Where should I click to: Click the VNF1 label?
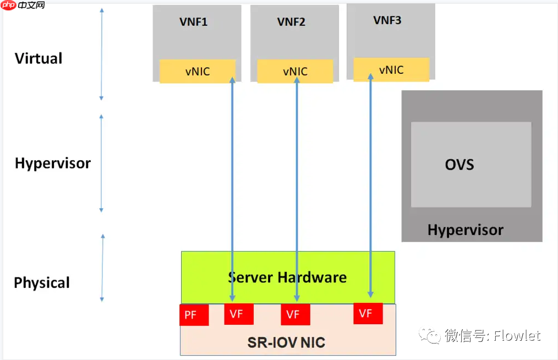click(x=193, y=22)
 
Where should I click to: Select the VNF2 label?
click(x=291, y=22)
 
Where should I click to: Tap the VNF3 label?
click(x=387, y=20)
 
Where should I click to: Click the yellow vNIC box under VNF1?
click(x=197, y=72)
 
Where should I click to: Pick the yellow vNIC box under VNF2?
click(x=295, y=72)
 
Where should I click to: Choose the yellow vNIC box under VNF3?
click(x=391, y=69)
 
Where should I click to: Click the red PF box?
click(x=194, y=315)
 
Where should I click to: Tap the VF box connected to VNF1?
click(x=239, y=314)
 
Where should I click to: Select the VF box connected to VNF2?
click(x=296, y=314)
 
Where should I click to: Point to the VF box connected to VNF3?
click(x=368, y=313)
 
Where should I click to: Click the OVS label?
click(x=459, y=165)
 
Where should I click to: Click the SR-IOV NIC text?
click(x=286, y=343)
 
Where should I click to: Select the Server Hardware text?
click(x=287, y=277)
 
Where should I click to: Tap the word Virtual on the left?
click(x=39, y=58)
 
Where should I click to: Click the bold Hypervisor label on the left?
click(x=52, y=163)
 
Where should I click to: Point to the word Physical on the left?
click(x=42, y=283)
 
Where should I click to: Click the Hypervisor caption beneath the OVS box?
click(x=465, y=230)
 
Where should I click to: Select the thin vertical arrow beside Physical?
click(x=102, y=268)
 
